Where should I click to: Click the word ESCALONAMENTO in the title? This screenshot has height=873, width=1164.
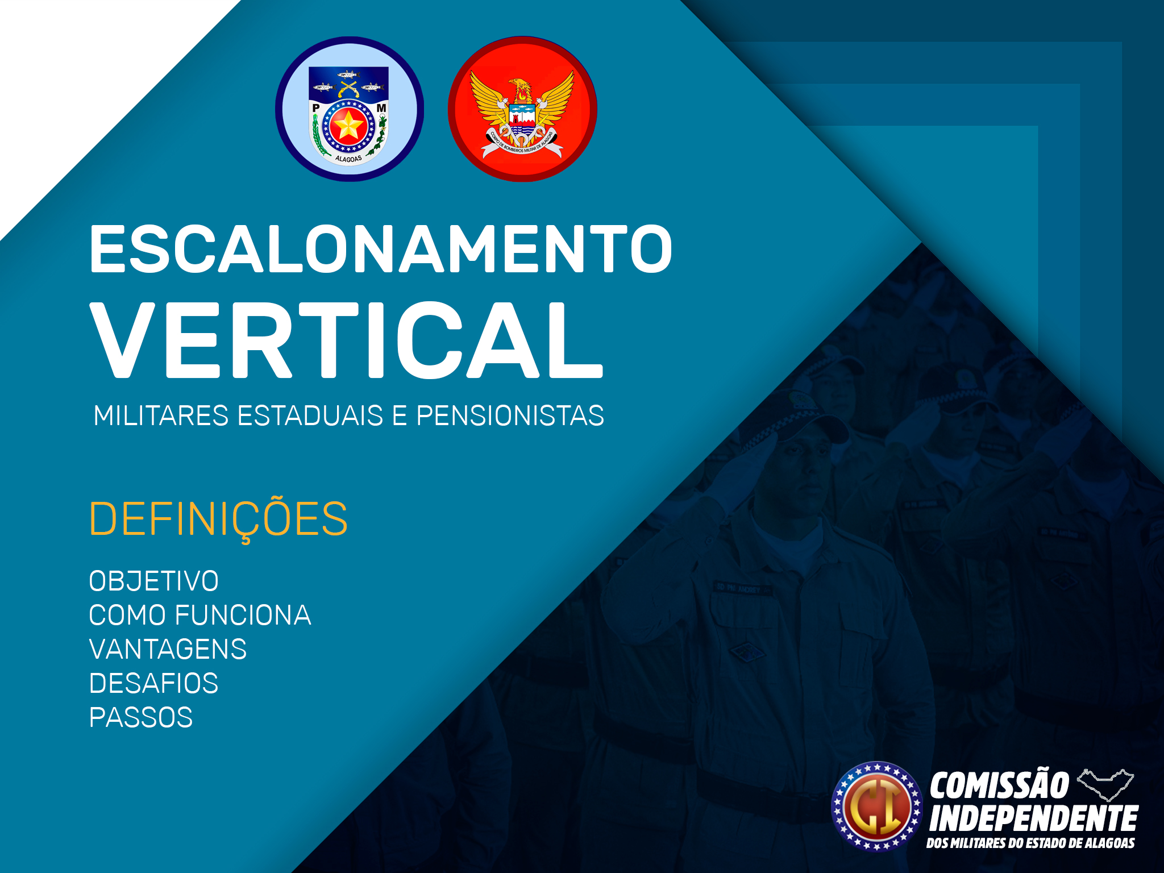(x=381, y=249)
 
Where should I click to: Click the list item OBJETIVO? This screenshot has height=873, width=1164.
(x=153, y=581)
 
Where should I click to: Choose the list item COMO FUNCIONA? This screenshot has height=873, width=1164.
(x=200, y=615)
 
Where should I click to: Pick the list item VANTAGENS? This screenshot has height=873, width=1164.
(x=168, y=649)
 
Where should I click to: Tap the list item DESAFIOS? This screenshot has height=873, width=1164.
(x=153, y=683)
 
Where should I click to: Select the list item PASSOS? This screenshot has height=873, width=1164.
(x=141, y=717)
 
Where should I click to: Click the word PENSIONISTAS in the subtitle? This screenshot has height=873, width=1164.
(x=510, y=415)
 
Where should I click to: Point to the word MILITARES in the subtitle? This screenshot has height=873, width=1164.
(x=161, y=415)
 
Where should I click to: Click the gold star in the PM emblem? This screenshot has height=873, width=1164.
(x=347, y=126)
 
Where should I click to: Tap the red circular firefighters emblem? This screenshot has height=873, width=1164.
(x=522, y=109)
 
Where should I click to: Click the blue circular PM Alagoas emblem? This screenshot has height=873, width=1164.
(x=350, y=109)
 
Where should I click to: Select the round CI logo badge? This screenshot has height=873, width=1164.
(x=876, y=806)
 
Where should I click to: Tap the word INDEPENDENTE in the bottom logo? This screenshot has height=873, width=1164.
(x=1033, y=818)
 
